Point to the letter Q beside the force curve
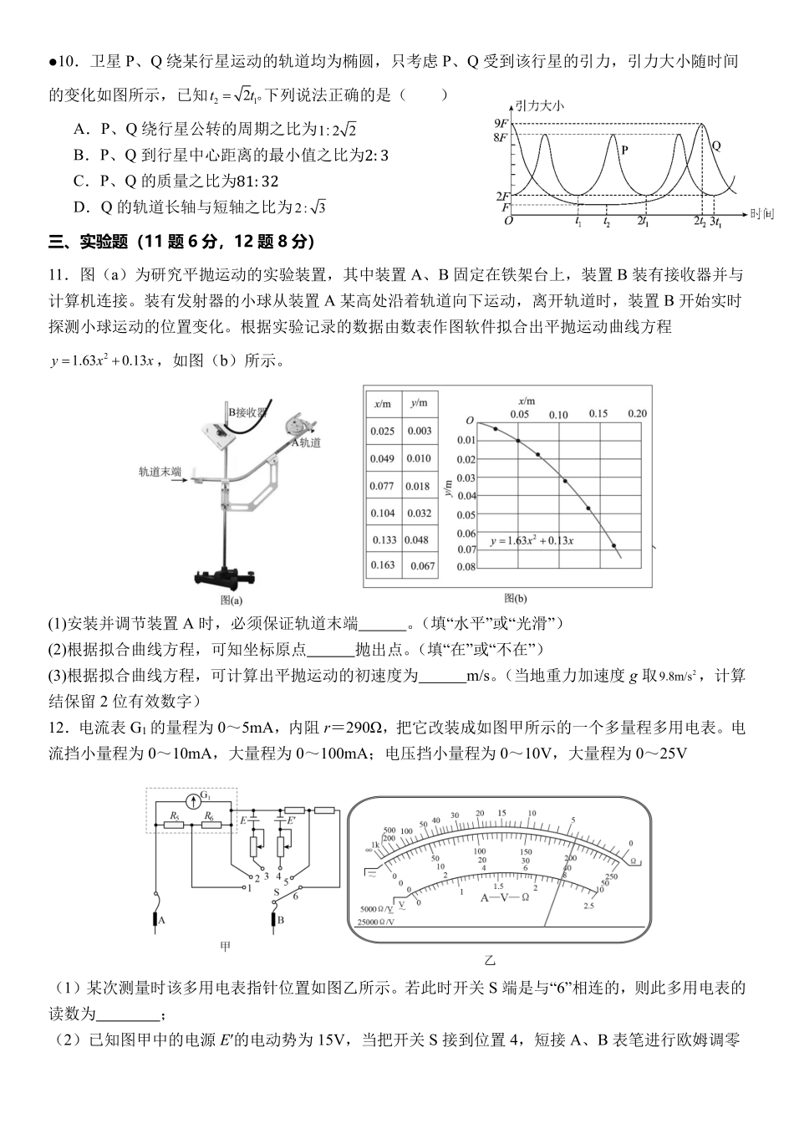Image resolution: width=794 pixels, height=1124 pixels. [x=716, y=146]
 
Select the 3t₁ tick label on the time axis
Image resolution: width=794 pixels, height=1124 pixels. [x=716, y=222]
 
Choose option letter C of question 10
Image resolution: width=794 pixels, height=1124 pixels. [x=81, y=181]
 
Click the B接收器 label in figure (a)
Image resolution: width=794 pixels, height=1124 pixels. [x=248, y=411]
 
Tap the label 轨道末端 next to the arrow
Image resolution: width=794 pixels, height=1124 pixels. [x=160, y=472]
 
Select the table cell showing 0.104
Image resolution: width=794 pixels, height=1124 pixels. [x=383, y=513]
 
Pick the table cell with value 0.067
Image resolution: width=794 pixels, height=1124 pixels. [x=422, y=566]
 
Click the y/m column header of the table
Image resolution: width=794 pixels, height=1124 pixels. [x=419, y=403]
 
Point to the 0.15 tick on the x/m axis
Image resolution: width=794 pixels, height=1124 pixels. [x=598, y=414]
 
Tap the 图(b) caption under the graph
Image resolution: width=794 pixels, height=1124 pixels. [x=516, y=599]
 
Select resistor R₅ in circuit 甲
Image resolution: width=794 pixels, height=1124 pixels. [x=174, y=825]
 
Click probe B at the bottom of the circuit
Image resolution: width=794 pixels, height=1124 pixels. [x=280, y=922]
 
